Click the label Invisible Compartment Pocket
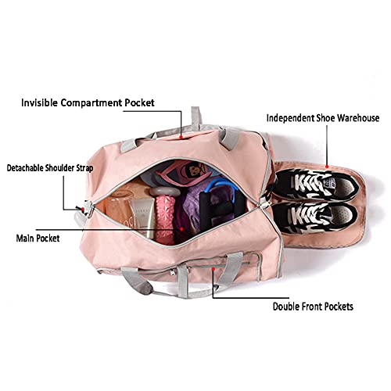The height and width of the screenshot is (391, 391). pyautogui.click(x=88, y=102)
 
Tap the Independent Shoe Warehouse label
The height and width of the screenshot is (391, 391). pyautogui.click(x=323, y=118)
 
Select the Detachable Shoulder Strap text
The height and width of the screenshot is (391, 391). pyautogui.click(x=50, y=168)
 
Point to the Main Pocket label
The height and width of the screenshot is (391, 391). pyautogui.click(x=38, y=238)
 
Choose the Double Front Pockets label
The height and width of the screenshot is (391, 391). pyautogui.click(x=313, y=307)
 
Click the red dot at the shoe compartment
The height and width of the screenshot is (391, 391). pyautogui.click(x=327, y=166)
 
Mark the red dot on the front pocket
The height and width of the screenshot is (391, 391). pyautogui.click(x=213, y=268)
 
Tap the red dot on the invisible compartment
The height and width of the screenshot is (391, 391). pyautogui.click(x=181, y=137)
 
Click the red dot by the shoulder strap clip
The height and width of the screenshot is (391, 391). pyautogui.click(x=83, y=209)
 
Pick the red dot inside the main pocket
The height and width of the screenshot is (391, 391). pyautogui.click(x=181, y=229)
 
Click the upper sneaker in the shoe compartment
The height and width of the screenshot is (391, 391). pyautogui.click(x=315, y=184)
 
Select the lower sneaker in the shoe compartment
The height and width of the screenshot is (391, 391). pyautogui.click(x=314, y=217)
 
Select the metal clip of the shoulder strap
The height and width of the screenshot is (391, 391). pyautogui.click(x=89, y=210)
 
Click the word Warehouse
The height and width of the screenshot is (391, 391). pyautogui.click(x=358, y=118)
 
